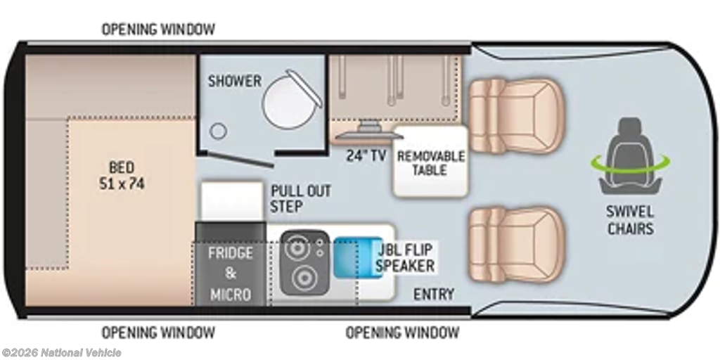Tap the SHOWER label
coord(235,81)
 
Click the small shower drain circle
coord(218,131)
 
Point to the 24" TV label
coord(366,156)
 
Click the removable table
coord(430,162)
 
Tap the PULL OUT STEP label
coord(300,198)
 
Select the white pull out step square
coord(232,201)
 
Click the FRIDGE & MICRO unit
coord(231,264)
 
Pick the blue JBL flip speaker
coord(358,257)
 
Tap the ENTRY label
coord(434,294)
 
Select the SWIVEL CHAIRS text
coord(631,220)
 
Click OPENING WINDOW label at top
coord(158,30)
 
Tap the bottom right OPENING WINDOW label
coord(402,332)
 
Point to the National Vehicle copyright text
coord(61,353)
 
